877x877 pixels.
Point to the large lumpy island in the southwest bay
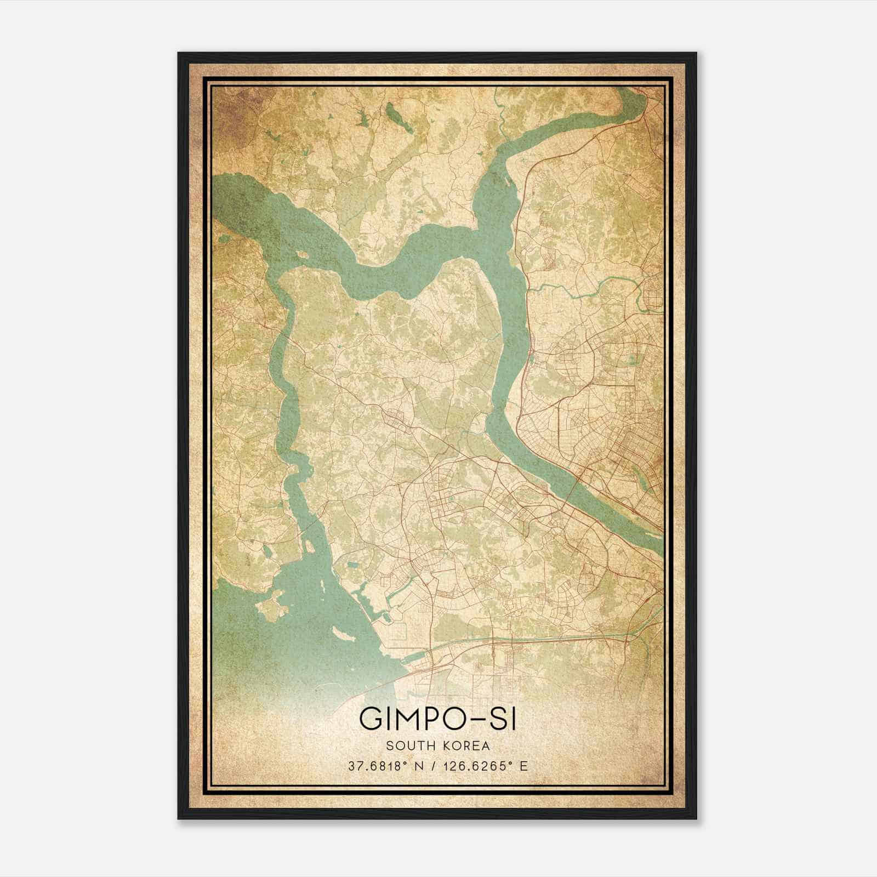pos(271,606)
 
